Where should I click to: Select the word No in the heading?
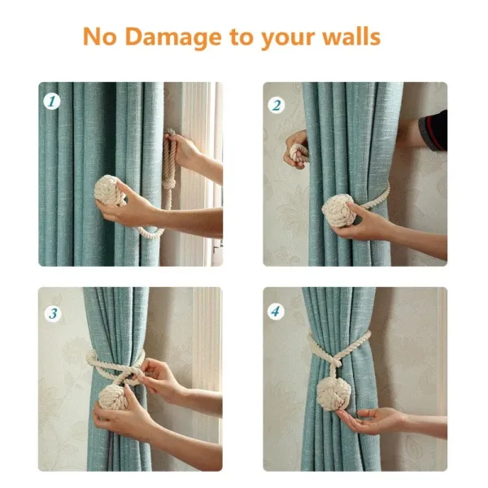coord(98,37)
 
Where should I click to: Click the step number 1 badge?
coord(52,102)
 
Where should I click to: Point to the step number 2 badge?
coord(277,104)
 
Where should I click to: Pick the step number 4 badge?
coord(277,311)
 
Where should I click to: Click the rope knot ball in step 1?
coord(109,192)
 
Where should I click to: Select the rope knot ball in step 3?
coord(113,397)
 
